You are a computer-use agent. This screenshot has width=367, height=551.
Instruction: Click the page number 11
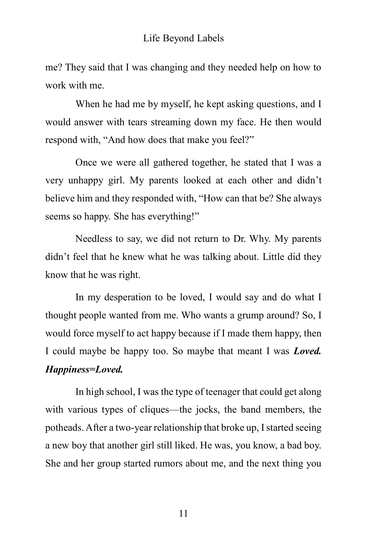(x=183, y=513)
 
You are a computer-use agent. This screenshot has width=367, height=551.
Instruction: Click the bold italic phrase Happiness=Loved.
(x=84, y=369)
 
